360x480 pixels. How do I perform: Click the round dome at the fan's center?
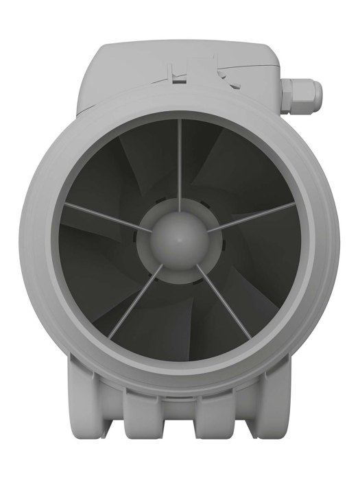pyautogui.click(x=179, y=237)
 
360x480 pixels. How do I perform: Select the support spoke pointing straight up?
pyautogui.click(x=180, y=165)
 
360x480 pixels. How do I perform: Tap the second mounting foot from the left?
pyautogui.click(x=145, y=418)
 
